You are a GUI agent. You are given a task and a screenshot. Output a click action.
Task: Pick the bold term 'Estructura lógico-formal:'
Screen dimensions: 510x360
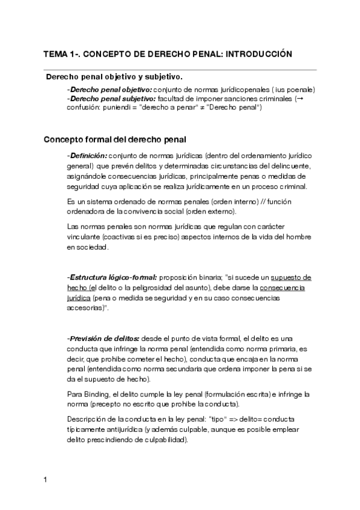pyautogui.click(x=112, y=277)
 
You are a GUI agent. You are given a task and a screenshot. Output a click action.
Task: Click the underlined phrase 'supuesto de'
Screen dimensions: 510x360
pyautogui.click(x=291, y=277)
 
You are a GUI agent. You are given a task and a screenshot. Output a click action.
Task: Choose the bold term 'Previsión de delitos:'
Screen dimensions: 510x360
pyautogui.click(x=104, y=339)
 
